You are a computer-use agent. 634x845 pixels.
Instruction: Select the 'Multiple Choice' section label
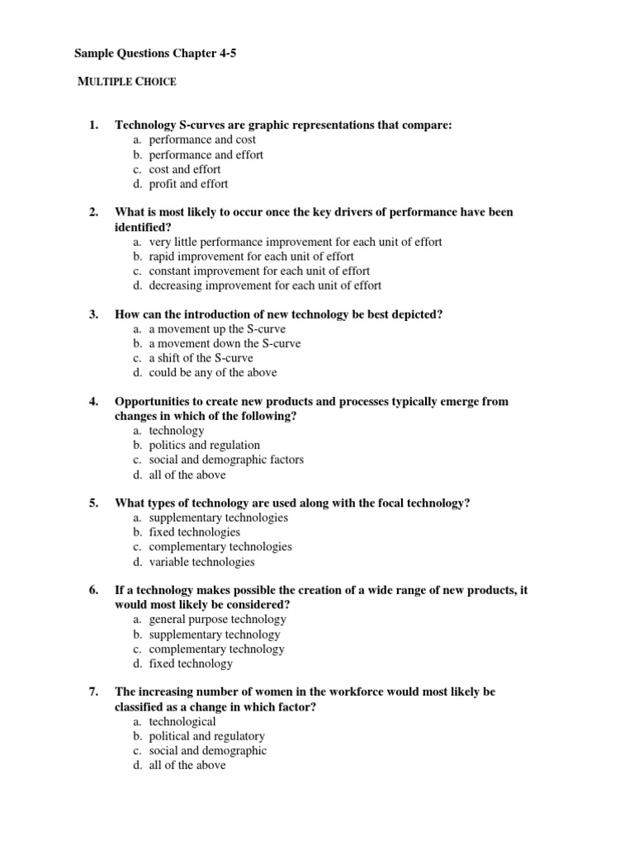click(126, 81)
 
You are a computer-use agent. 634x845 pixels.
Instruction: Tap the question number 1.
click(93, 125)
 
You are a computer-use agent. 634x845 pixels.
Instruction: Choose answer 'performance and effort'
click(206, 154)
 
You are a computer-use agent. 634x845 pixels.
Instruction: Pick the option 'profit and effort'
click(188, 184)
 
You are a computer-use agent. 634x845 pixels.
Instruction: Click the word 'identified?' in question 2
click(143, 226)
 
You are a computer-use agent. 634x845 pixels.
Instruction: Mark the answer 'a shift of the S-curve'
click(201, 358)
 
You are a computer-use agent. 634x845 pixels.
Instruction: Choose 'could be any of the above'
click(212, 373)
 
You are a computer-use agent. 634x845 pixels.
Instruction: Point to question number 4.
click(93, 402)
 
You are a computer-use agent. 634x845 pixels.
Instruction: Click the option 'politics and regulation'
click(204, 445)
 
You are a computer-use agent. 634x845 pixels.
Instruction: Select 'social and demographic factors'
click(226, 460)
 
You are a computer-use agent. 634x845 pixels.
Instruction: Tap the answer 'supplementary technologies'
click(218, 517)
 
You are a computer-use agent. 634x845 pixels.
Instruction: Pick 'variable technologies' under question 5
click(201, 562)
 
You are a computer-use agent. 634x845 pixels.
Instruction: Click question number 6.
click(93, 590)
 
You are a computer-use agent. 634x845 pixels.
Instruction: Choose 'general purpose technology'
click(217, 619)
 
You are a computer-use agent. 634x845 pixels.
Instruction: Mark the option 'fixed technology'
click(191, 663)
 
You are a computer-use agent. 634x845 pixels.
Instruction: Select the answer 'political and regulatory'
click(206, 736)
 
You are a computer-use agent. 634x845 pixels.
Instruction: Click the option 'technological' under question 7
click(182, 721)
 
